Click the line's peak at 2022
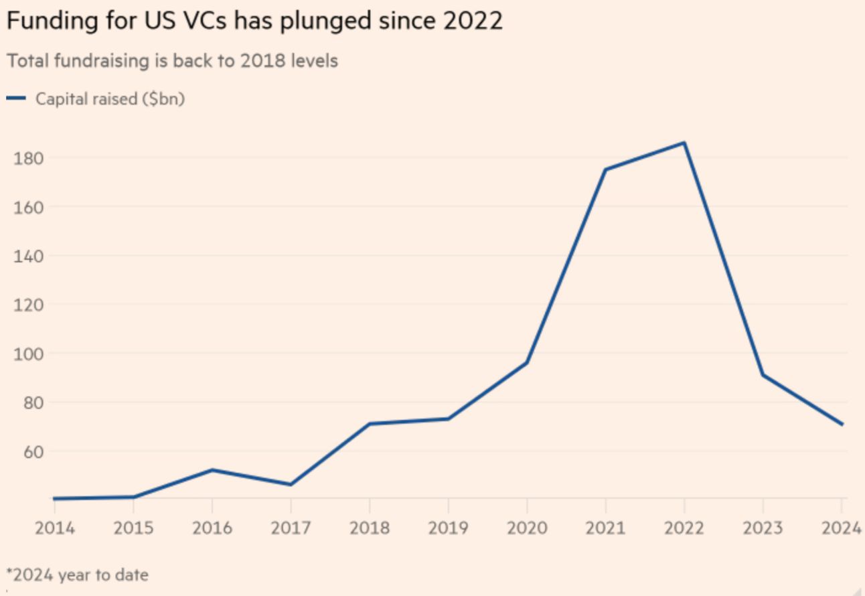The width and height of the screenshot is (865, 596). [684, 143]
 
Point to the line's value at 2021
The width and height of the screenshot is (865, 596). [605, 169]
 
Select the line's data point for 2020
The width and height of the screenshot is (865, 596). [527, 362]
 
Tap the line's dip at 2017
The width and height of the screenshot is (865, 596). [291, 484]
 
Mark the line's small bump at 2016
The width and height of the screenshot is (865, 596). [212, 470]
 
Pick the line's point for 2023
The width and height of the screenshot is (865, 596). [763, 375]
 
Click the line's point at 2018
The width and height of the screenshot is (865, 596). [370, 424]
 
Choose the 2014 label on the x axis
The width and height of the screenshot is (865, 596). [55, 528]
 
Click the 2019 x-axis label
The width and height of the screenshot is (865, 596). [448, 528]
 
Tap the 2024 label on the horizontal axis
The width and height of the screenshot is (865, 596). [841, 528]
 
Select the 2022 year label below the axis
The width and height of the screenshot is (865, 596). [684, 528]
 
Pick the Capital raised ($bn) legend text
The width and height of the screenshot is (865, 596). [110, 99]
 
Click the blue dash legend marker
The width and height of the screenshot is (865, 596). [16, 98]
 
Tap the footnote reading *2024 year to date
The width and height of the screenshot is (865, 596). [78, 575]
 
